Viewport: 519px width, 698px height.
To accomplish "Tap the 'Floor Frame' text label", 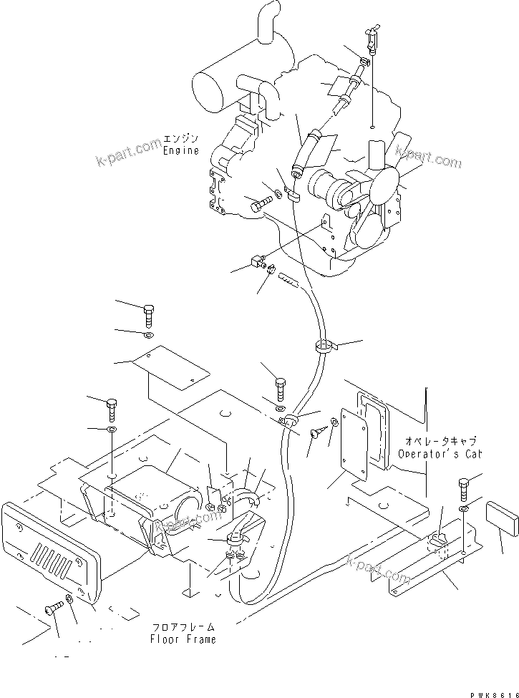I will (183, 639).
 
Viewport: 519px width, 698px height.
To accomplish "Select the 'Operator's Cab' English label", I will (440, 454).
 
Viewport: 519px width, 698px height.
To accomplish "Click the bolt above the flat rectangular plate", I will (148, 314).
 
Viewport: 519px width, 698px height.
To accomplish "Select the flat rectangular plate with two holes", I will (171, 372).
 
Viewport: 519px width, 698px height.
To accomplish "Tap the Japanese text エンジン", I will (180, 138).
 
